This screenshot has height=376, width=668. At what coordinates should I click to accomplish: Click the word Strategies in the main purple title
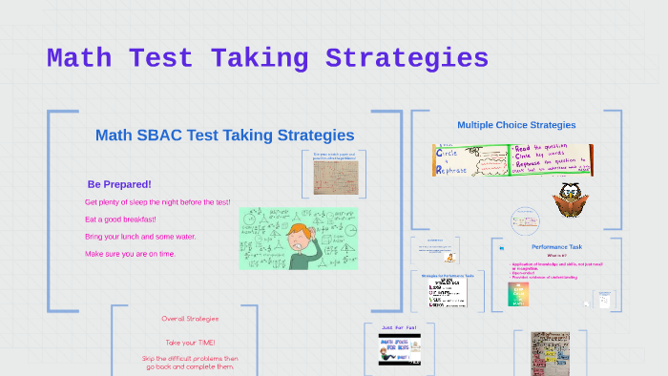tap(407, 58)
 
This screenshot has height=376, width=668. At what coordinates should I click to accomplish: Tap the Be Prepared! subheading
tap(119, 184)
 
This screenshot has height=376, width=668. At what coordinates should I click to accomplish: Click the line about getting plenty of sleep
tap(157, 202)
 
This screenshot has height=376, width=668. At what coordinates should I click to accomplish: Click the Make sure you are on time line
tap(131, 254)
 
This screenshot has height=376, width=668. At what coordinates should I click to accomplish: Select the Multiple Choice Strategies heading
tap(516, 125)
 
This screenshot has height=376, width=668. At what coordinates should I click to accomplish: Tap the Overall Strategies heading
tap(190, 319)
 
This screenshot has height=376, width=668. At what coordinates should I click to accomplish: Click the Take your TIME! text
tap(190, 343)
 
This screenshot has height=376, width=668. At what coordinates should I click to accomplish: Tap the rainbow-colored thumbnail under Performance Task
tap(518, 294)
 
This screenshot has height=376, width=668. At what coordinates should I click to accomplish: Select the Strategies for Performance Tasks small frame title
tap(449, 275)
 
